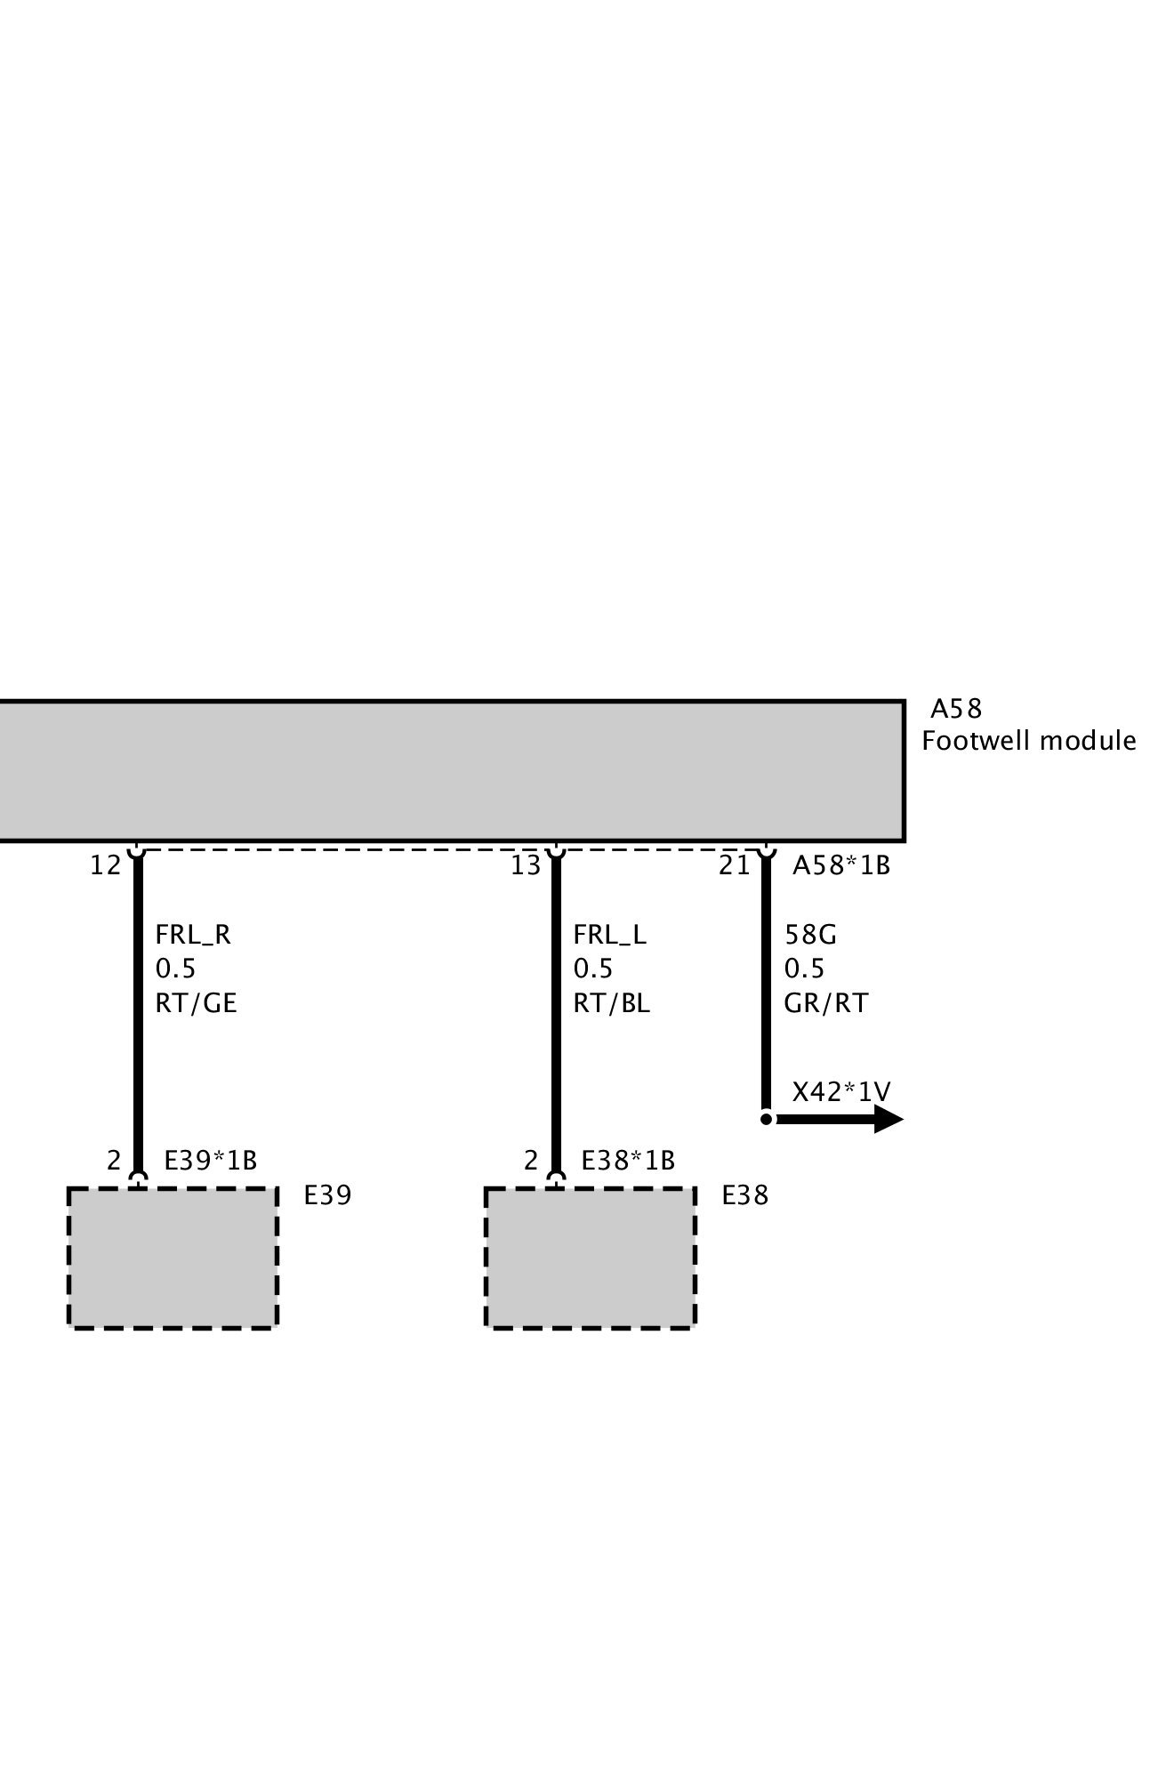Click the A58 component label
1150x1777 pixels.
[955, 709]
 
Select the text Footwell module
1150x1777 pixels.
[1028, 741]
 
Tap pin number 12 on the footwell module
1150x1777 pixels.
[105, 865]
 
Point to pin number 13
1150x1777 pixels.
[526, 865]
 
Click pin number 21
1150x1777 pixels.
[735, 865]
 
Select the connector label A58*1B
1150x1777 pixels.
[840, 865]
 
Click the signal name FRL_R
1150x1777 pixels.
[193, 935]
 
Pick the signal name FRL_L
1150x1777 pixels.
[609, 935]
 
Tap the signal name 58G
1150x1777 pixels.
[810, 935]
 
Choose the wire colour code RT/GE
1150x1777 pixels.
[196, 1003]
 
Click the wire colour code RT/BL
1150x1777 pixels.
[611, 1003]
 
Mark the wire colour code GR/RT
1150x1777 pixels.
[825, 1003]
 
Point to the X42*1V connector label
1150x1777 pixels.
[841, 1091]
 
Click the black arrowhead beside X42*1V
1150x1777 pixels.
[887, 1119]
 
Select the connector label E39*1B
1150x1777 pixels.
[210, 1161]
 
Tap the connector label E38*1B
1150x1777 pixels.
[628, 1161]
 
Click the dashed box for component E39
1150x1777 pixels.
[173, 1258]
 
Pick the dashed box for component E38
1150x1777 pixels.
[590, 1258]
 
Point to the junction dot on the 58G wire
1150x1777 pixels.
[766, 1119]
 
